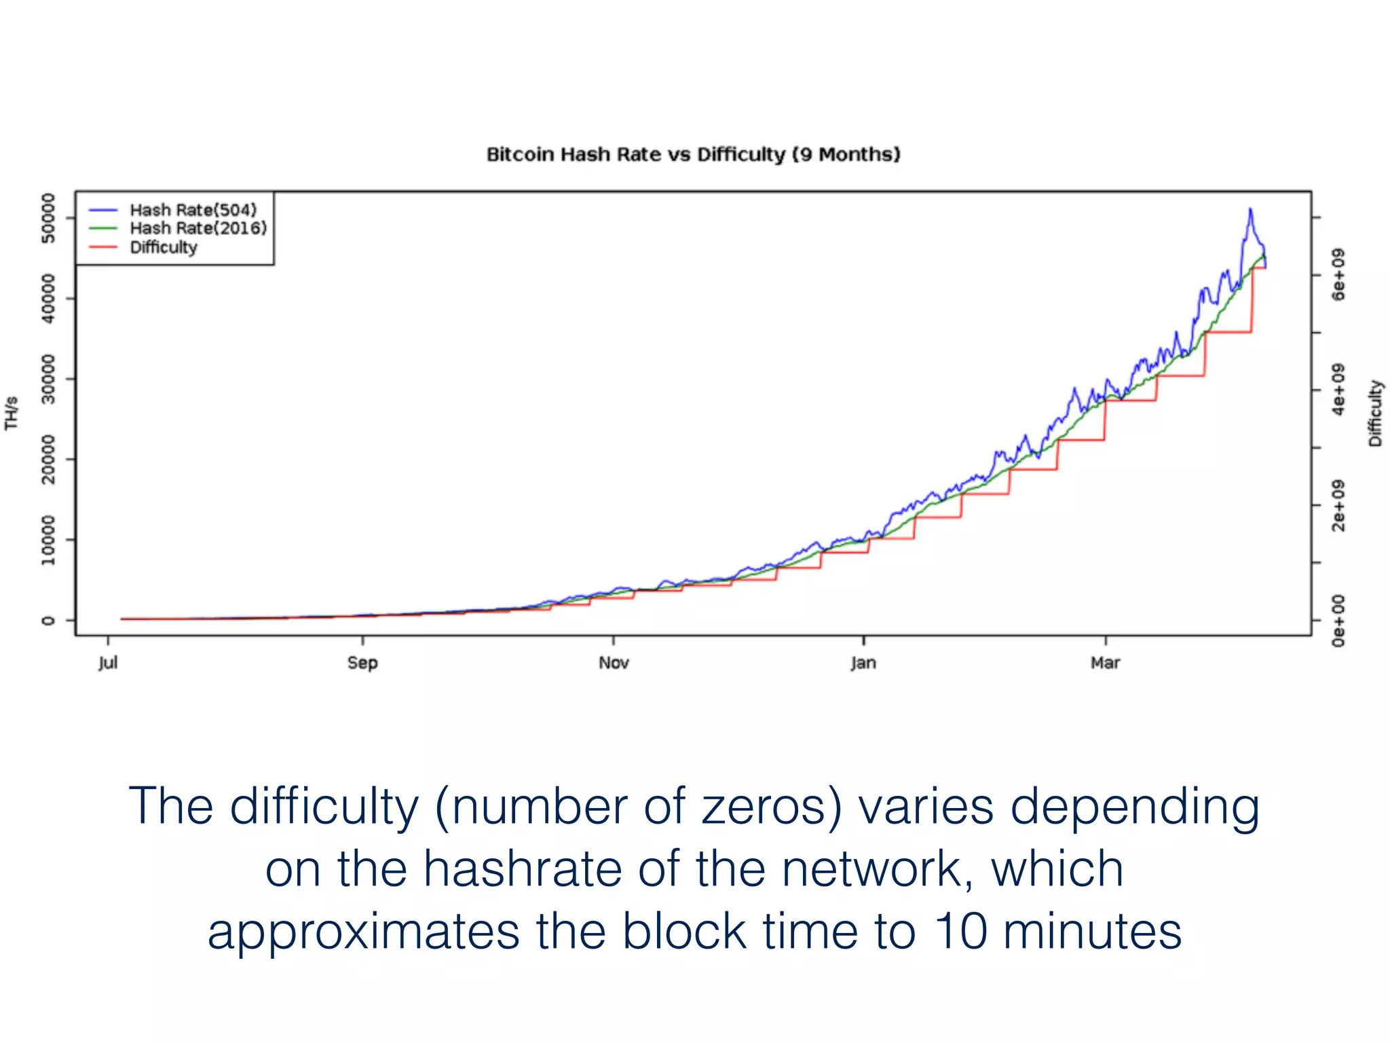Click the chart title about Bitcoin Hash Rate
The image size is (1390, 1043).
click(693, 155)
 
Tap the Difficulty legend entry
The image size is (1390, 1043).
click(163, 247)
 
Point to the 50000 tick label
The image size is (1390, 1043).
click(48, 218)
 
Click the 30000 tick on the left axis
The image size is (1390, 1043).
click(48, 379)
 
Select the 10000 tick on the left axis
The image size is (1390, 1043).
click(48, 540)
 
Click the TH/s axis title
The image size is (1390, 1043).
click(12, 413)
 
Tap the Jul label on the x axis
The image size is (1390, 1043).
click(108, 663)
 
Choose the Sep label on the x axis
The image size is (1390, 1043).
click(362, 663)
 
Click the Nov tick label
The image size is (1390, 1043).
click(614, 663)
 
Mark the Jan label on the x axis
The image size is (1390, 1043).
click(863, 663)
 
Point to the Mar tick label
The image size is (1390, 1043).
click(1105, 663)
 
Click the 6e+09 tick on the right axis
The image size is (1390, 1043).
click(1338, 275)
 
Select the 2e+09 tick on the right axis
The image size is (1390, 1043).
click(1338, 505)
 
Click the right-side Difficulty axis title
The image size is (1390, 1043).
click(1375, 413)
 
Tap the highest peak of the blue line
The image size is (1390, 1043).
click(1250, 209)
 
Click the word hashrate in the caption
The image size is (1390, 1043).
click(523, 869)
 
